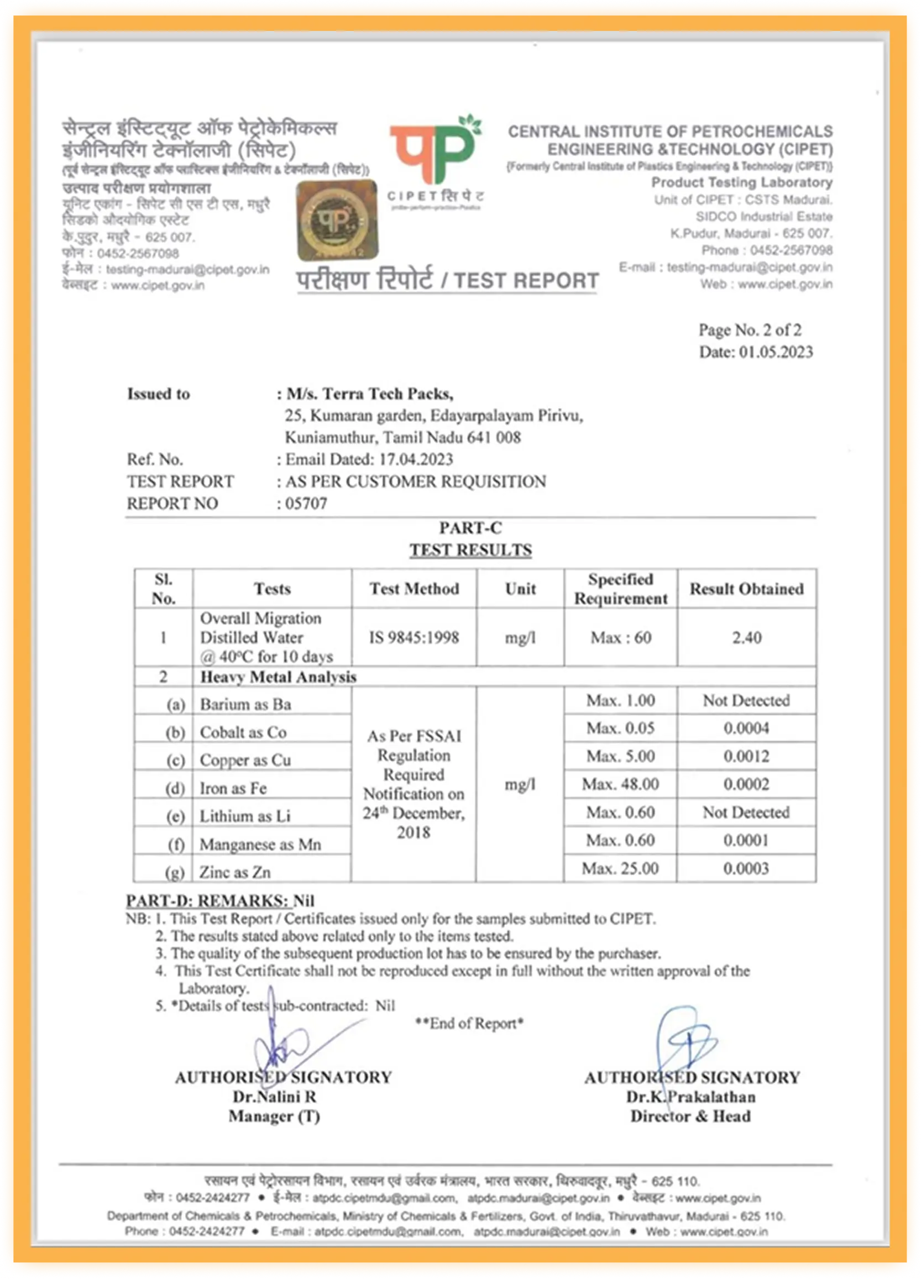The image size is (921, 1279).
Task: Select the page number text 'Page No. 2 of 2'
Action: coord(750,330)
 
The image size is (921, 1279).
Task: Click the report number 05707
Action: coord(306,503)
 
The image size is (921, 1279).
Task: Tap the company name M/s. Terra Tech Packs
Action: coord(369,394)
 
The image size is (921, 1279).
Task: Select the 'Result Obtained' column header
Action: coord(746,589)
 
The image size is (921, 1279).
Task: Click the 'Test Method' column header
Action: coord(414,589)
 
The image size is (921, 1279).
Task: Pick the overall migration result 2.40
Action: coord(746,638)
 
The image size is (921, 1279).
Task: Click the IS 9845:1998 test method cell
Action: coord(414,638)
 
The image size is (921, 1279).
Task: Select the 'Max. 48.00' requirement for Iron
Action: coord(620,784)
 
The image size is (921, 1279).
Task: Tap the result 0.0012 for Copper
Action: coord(746,756)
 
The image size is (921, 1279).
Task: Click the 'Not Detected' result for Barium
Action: coord(746,700)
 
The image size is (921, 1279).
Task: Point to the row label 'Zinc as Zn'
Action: coord(234,872)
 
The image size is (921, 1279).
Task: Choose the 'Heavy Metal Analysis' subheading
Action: coord(278,677)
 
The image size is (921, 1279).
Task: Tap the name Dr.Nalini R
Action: coord(274,1097)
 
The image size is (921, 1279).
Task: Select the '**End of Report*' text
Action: coord(469,1024)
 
